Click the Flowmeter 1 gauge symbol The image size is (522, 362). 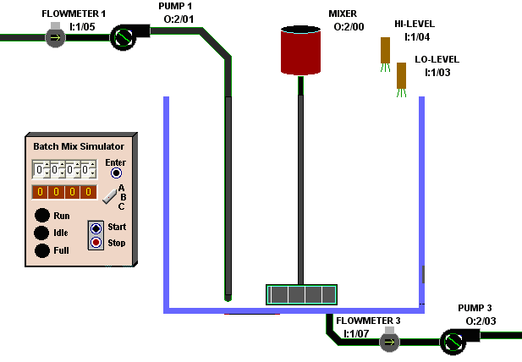[x=55, y=36]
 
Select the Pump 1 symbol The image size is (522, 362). [x=124, y=36]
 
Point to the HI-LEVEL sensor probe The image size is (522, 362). [x=385, y=51]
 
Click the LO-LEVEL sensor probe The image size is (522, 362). [x=402, y=76]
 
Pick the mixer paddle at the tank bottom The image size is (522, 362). [x=300, y=294]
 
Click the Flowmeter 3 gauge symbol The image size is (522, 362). [x=388, y=342]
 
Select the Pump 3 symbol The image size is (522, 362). [x=453, y=341]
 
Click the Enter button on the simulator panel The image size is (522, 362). [x=117, y=173]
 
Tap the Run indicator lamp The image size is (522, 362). [x=41, y=216]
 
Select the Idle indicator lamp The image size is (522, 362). [x=41, y=233]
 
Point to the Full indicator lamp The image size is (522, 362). [x=41, y=251]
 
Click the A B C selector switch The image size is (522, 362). [x=109, y=197]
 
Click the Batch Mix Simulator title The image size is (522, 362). [x=79, y=145]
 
